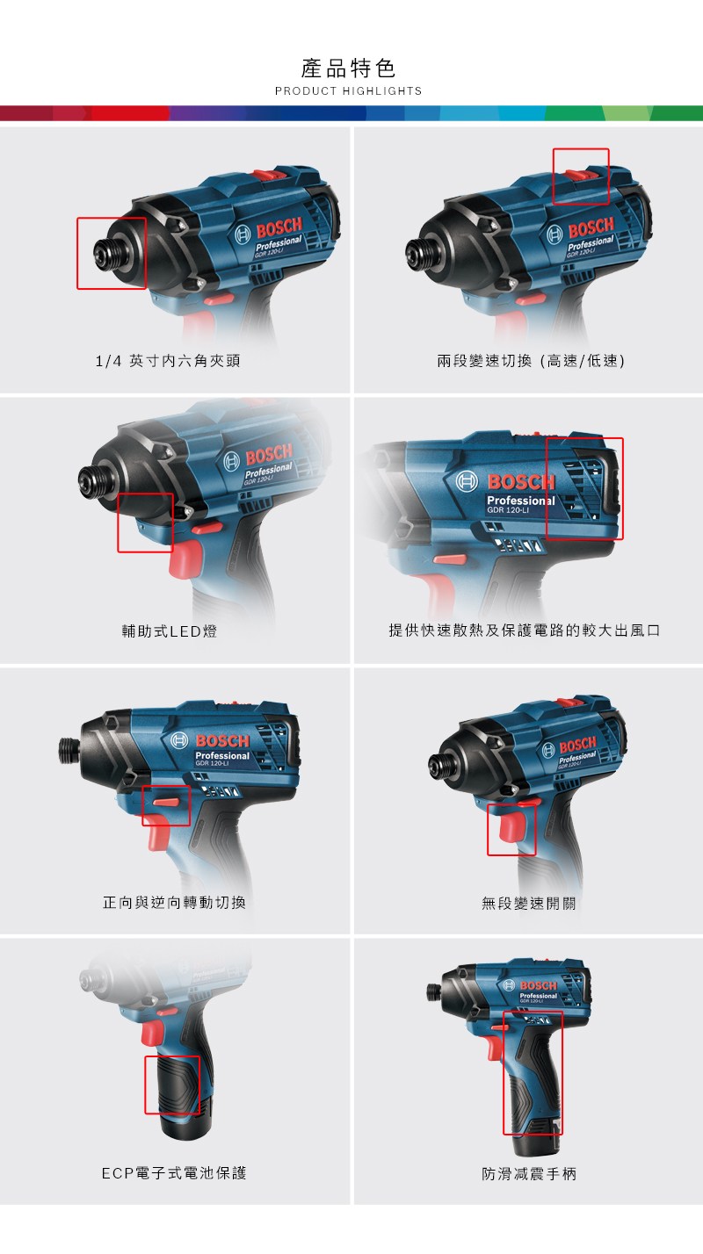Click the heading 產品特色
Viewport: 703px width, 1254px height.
pyautogui.click(x=348, y=68)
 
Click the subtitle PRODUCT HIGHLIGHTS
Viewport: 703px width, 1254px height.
pyautogui.click(x=348, y=91)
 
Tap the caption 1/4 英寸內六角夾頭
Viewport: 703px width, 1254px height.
pyautogui.click(x=168, y=361)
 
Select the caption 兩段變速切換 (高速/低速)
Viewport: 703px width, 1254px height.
pyautogui.click(x=531, y=361)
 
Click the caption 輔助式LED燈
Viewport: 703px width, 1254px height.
pyautogui.click(x=170, y=631)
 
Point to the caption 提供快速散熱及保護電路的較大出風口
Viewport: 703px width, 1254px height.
pyautogui.click(x=525, y=631)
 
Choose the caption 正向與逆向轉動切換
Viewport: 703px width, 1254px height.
pyautogui.click(x=174, y=903)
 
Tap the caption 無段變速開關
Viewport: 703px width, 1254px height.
pyautogui.click(x=529, y=903)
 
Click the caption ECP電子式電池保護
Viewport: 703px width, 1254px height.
pyautogui.click(x=174, y=1173)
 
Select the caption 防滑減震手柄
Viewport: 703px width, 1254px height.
pyautogui.click(x=529, y=1173)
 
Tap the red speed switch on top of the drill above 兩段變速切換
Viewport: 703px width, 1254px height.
pyautogui.click(x=581, y=176)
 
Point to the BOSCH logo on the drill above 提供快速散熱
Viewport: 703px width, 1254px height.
pyautogui.click(x=521, y=482)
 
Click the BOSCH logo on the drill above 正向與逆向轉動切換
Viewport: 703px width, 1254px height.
pyautogui.click(x=222, y=740)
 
